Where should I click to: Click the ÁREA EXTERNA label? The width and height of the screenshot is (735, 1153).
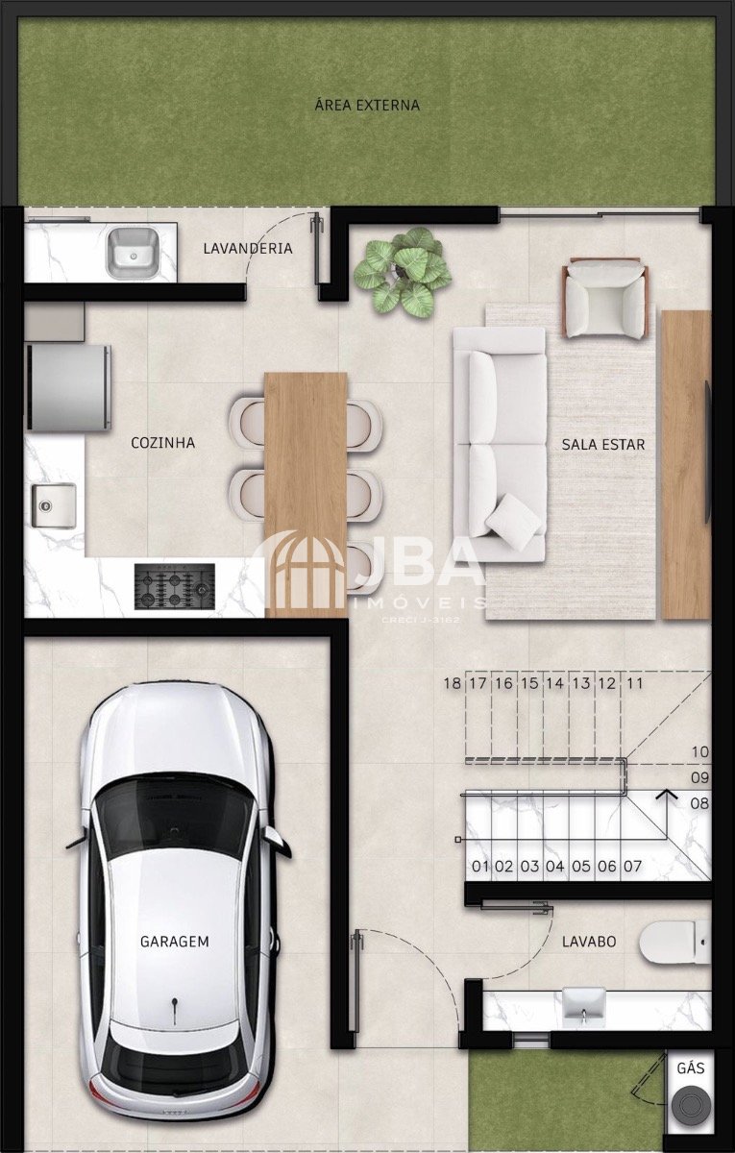(x=367, y=105)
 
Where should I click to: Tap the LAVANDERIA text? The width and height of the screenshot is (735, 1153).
(x=248, y=249)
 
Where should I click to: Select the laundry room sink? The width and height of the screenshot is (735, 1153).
(x=132, y=253)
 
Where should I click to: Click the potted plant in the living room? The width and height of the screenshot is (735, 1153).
(x=403, y=271)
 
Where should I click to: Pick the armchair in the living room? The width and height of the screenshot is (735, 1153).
(x=605, y=299)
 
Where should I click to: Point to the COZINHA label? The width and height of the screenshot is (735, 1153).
(x=162, y=443)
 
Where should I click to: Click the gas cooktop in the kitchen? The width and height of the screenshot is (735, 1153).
(x=175, y=586)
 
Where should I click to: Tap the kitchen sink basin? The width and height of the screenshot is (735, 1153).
(x=54, y=505)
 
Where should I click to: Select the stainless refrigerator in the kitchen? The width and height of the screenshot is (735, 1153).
(x=68, y=387)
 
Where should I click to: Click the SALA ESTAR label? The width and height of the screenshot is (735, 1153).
(x=602, y=445)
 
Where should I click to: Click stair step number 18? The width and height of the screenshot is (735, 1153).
(x=453, y=683)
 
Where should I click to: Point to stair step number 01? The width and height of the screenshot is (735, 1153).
(x=479, y=867)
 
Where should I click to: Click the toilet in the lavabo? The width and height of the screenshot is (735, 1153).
(x=675, y=943)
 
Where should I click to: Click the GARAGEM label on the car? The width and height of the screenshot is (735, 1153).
(x=175, y=942)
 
